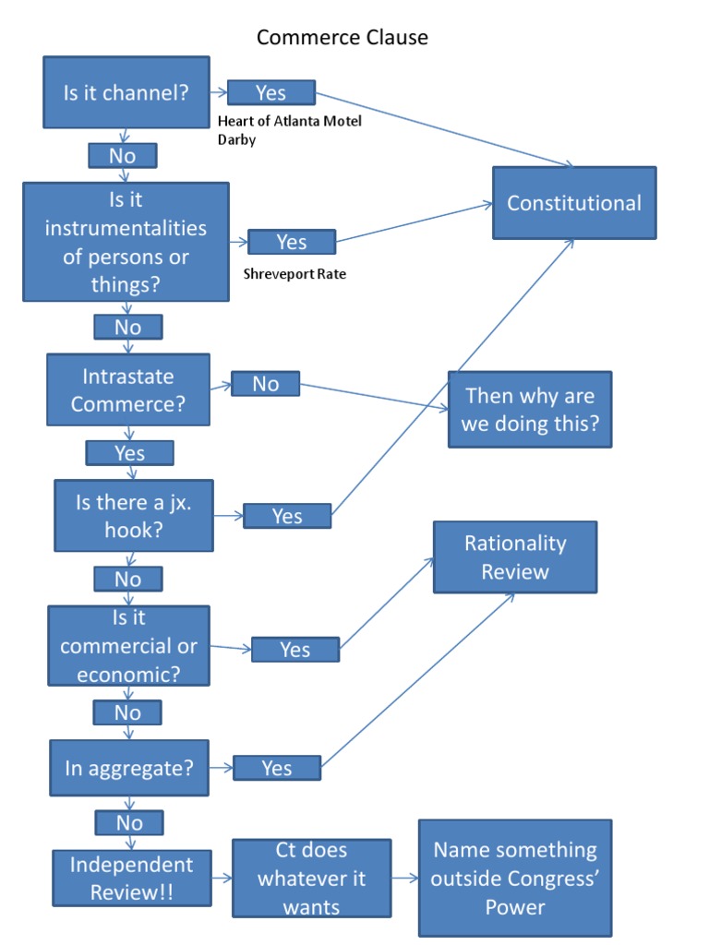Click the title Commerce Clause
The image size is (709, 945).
(342, 38)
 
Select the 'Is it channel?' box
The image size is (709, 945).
(126, 92)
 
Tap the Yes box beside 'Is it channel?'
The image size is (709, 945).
(270, 93)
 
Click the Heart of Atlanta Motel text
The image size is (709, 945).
(289, 122)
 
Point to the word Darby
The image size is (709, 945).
(236, 141)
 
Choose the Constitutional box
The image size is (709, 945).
(573, 203)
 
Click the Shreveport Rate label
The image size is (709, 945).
(294, 274)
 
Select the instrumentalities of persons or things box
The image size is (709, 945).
(126, 242)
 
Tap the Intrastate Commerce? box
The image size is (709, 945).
(127, 390)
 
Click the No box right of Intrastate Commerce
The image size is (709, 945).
(265, 384)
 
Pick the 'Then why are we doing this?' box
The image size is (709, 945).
(530, 410)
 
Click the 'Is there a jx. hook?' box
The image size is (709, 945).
(134, 517)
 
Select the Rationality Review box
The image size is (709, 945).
(515, 557)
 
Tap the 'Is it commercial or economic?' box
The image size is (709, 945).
(129, 646)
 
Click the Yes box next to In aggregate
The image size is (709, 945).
(277, 768)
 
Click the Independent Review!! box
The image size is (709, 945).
(130, 879)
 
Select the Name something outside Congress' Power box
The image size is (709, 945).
(515, 878)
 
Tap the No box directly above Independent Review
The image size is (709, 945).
(129, 822)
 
